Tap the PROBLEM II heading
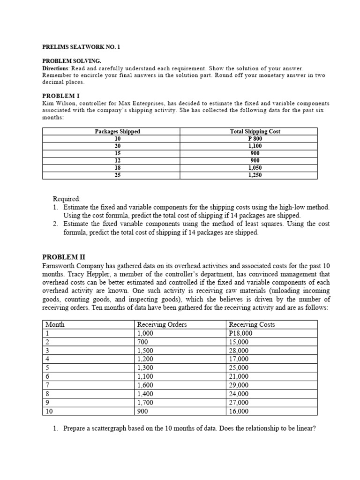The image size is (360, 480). tap(61, 256)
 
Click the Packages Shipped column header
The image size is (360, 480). tap(117, 131)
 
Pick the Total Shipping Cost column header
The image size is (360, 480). tap(255, 131)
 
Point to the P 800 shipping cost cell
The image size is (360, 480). tap(255, 139)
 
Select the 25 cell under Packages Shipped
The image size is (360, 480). tap(118, 175)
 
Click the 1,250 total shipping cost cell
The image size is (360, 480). tap(255, 175)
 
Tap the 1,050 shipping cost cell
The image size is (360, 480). tap(255, 168)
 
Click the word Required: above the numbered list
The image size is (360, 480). tap(67, 199)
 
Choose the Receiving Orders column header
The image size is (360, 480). tap(162, 324)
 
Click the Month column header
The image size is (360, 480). tap(55, 324)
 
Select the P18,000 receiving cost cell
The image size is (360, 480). tap(240, 333)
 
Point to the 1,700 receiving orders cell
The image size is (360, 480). tap(145, 403)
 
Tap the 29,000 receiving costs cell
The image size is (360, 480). tap(239, 385)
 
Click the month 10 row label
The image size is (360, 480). tap(49, 412)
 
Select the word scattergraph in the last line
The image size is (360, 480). tap(109, 428)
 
